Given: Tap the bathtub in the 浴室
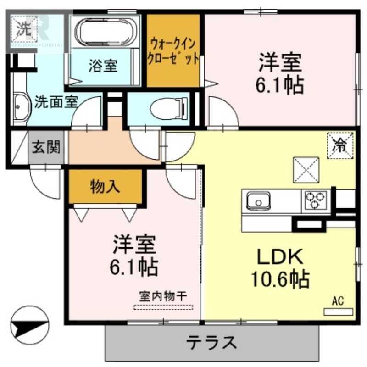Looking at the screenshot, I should (106, 33).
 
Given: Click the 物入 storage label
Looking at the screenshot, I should (105, 187).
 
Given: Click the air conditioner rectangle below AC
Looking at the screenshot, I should (339, 312).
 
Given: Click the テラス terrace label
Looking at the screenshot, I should (211, 342).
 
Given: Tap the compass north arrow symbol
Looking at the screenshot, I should (29, 327).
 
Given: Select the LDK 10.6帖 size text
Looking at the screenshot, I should (279, 278).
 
